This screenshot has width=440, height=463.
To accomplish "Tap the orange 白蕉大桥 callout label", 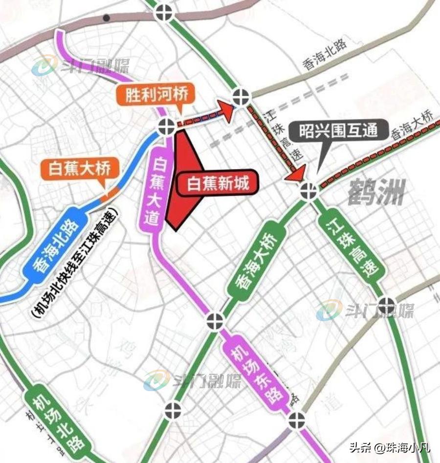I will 80,169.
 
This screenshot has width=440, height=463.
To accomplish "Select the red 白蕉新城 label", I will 218,183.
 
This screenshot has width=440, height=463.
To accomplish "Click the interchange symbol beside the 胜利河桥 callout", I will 166,127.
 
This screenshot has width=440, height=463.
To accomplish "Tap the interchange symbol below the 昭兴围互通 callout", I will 308,191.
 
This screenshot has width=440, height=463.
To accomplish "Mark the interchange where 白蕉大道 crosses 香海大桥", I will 215,321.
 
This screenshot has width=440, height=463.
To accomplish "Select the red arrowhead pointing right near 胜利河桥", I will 226,108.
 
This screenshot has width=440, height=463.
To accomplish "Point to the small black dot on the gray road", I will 106,18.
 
